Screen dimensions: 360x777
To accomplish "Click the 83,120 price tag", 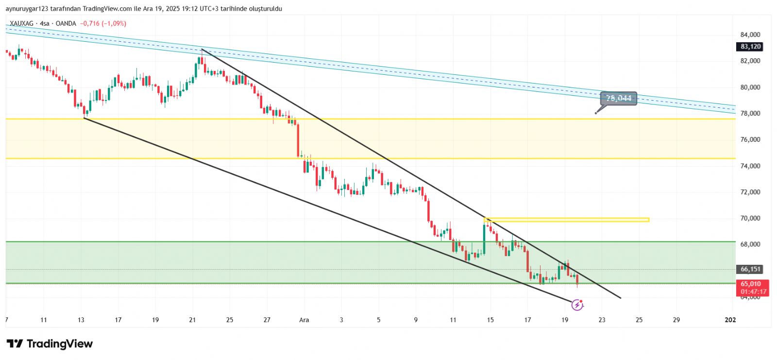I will pos(750,47).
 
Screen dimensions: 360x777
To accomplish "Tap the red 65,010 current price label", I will pos(751,284).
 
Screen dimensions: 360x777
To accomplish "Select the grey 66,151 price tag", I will pos(750,269).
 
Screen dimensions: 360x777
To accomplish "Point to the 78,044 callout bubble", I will pos(618,98).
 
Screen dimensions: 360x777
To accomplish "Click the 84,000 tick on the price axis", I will pos(750,35).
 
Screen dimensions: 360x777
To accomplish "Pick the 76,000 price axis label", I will pos(750,140).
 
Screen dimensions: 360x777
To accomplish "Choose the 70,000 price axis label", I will pos(750,219).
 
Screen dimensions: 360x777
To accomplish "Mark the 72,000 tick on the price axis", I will pos(750,192).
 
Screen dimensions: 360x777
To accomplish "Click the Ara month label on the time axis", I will pos(304,320).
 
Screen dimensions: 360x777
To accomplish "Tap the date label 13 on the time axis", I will pos(81,320).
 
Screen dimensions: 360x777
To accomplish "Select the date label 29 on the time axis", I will pos(676,320).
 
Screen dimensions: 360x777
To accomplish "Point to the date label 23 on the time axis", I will pos(602,320).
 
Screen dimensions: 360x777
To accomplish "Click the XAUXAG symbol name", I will pos(22,23).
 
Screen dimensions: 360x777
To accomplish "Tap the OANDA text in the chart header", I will pos(66,23).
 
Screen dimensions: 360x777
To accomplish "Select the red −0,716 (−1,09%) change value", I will pos(103,23).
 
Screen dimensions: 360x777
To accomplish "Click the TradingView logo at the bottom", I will pos(50,344).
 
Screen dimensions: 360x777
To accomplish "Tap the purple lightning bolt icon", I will pos(577,305).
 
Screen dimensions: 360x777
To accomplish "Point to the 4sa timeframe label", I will pos(45,23).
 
